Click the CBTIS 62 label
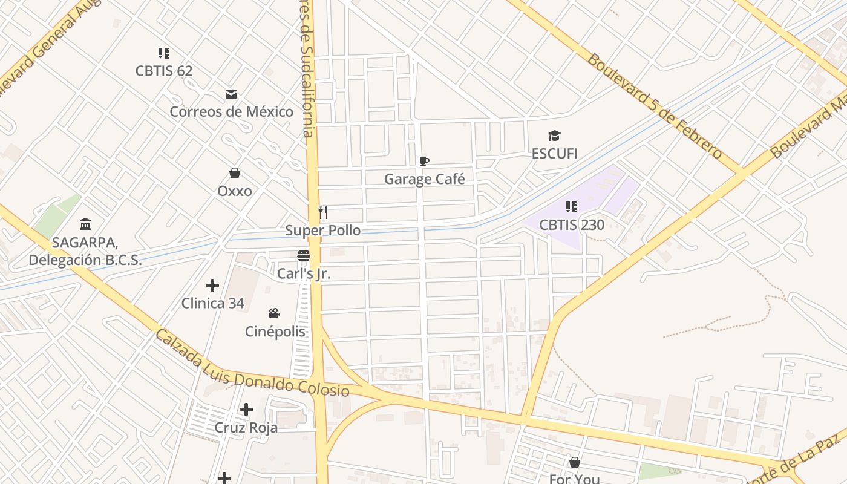[164, 71]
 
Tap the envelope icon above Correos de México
[231, 94]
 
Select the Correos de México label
[231, 112]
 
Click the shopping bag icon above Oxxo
[235, 174]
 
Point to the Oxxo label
[235, 191]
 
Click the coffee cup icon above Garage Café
[424, 161]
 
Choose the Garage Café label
[425, 179]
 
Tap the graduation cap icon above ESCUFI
[555, 136]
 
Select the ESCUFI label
[555, 154]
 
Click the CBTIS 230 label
[572, 225]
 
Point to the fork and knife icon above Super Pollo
[323, 212]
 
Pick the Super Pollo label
[323, 231]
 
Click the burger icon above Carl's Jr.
[304, 256]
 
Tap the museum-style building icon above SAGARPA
[85, 224]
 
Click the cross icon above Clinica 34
[212, 285]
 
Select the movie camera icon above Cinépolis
[275, 313]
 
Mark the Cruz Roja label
[246, 428]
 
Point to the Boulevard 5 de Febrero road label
[655, 106]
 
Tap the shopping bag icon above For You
[575, 463]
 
